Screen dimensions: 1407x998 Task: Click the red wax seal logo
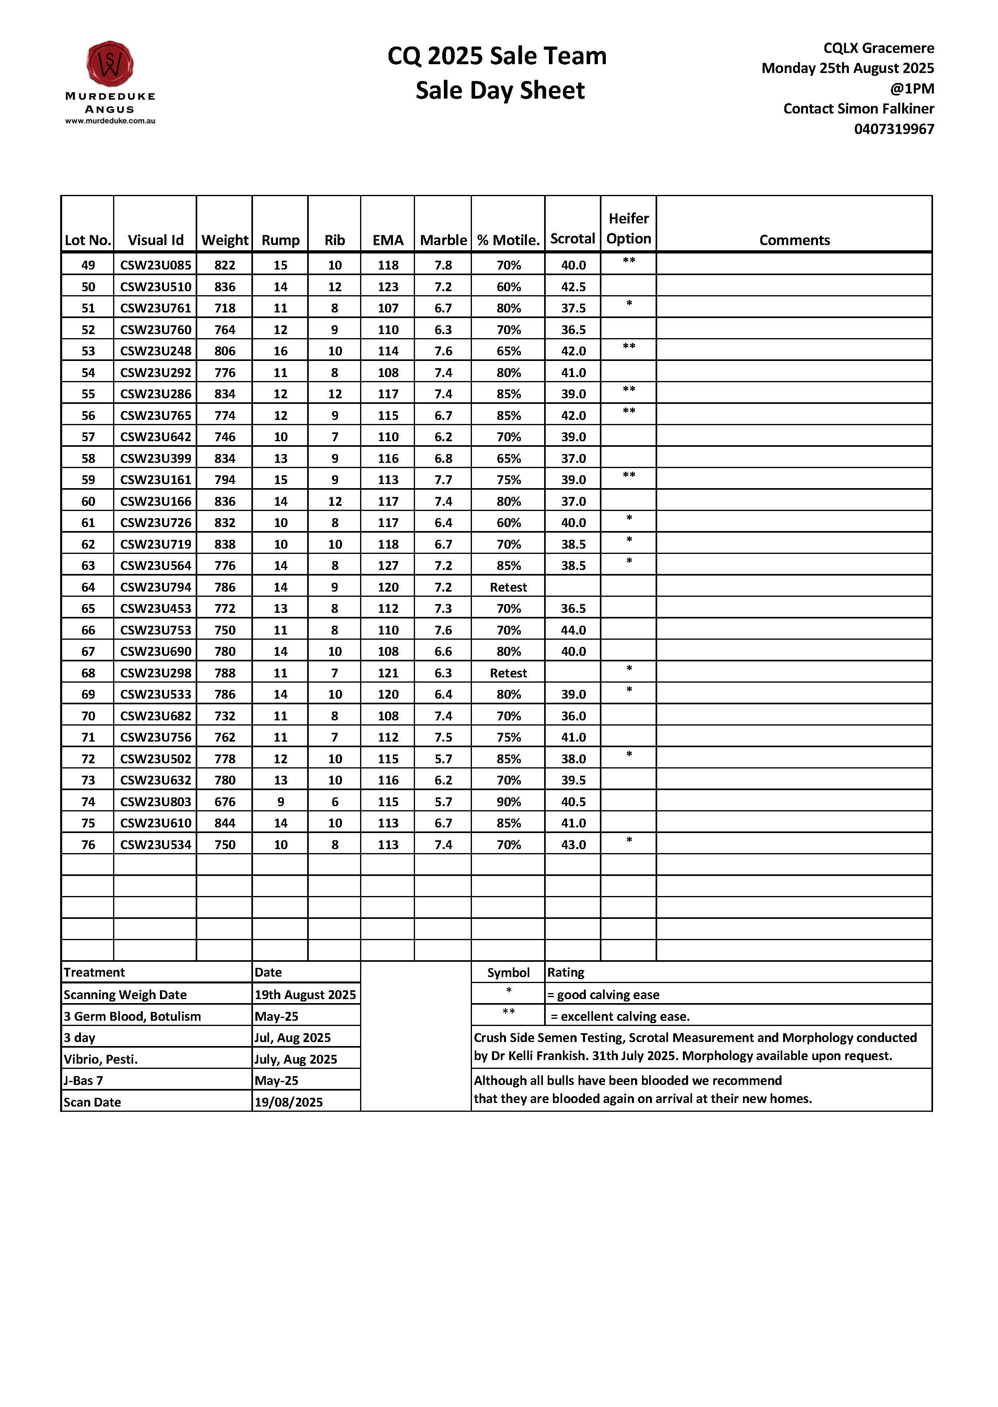point(110,64)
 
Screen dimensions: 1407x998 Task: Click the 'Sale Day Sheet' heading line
point(500,90)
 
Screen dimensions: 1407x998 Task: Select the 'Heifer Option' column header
point(628,229)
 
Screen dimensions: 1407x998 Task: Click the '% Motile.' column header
point(508,240)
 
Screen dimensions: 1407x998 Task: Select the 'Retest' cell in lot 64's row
point(508,587)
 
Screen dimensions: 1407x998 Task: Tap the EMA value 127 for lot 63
point(388,566)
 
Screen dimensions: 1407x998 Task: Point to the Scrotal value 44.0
point(573,630)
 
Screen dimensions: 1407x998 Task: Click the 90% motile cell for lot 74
point(508,801)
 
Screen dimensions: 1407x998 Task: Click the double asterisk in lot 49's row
point(628,261)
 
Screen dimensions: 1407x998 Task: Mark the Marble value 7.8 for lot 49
point(443,266)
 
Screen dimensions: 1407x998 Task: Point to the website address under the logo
point(110,121)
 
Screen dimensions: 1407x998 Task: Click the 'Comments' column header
point(794,240)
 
